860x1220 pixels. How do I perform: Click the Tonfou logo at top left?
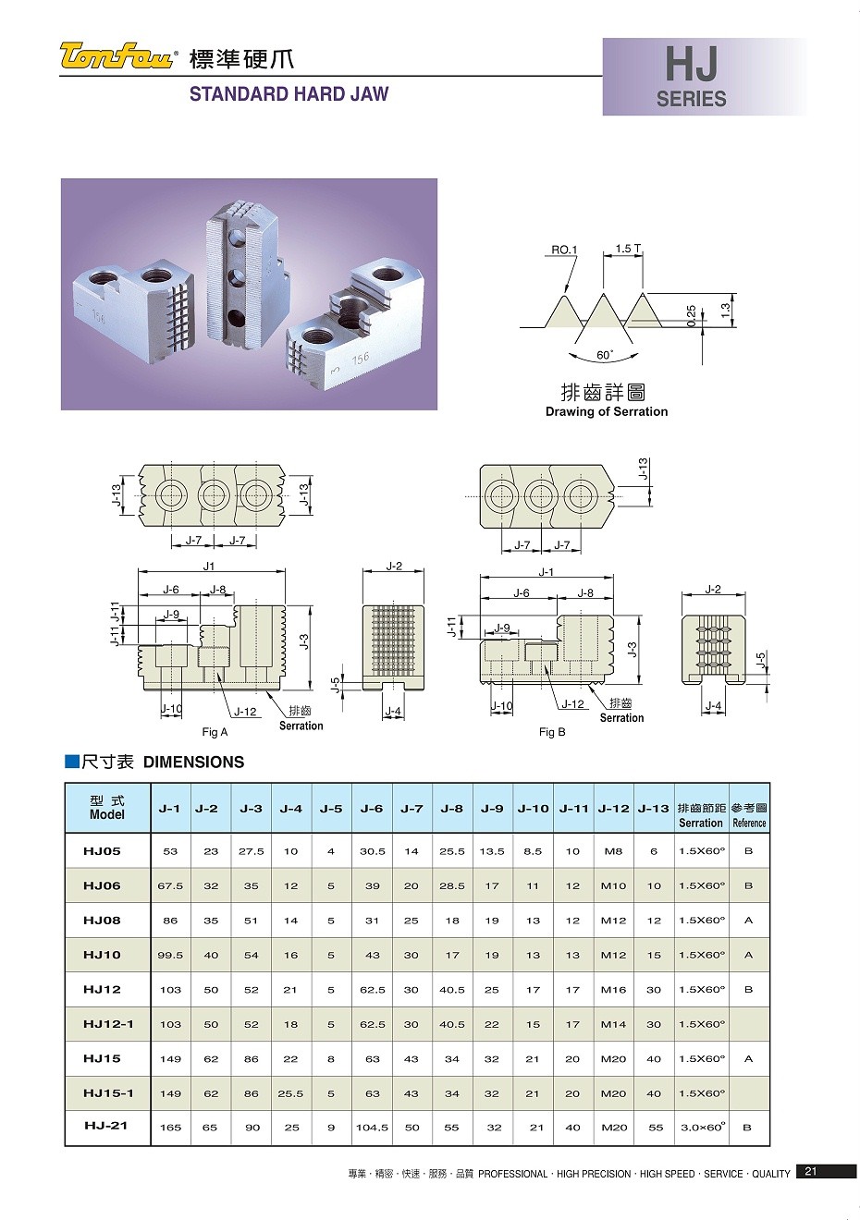117,56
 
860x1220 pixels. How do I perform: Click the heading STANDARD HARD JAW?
289,93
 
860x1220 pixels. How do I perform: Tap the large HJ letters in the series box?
691,66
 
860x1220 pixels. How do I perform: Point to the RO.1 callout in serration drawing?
563,250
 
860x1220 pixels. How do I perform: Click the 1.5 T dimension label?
628,249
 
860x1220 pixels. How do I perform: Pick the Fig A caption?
215,732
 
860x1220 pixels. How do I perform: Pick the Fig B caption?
552,732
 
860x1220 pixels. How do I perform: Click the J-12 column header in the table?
613,808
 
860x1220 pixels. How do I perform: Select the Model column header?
107,808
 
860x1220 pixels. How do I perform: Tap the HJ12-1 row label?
108,1024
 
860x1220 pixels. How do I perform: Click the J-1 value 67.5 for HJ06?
170,885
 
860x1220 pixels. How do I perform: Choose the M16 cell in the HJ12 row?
613,990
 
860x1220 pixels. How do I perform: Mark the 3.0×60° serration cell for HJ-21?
701,1127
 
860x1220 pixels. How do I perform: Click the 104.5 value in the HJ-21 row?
372,1128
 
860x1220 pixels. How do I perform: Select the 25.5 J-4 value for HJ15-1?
290,1093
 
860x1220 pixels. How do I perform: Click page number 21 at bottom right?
810,1172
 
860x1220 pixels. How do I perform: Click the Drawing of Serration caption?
606,411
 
